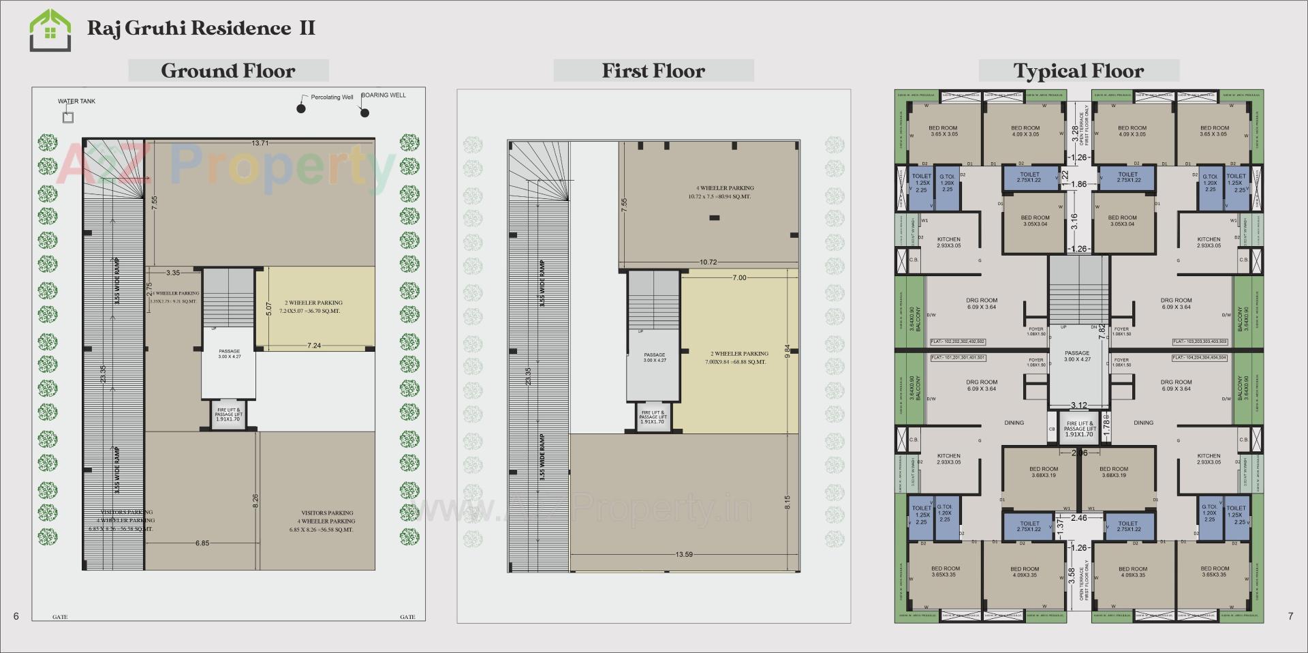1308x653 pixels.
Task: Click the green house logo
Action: click(50, 31)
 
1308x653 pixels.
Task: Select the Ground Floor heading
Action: click(228, 71)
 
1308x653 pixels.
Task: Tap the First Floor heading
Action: click(653, 71)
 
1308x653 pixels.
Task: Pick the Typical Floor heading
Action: click(1078, 71)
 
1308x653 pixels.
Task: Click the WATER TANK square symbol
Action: click(68, 117)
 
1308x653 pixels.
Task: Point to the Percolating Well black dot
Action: click(301, 108)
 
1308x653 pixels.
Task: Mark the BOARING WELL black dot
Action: click(364, 112)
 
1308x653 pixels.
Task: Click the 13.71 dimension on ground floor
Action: click(260, 143)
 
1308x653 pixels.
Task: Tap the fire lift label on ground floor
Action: click(229, 413)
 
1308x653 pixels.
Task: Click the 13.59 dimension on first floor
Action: click(684, 554)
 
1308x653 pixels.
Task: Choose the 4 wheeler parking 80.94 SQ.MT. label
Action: click(725, 192)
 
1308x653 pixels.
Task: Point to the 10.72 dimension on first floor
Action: click(708, 262)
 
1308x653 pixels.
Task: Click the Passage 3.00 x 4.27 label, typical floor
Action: click(1077, 356)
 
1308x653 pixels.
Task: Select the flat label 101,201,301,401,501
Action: click(958, 357)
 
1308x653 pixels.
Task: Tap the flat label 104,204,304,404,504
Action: click(1200, 357)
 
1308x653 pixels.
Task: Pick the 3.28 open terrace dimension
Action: click(1075, 134)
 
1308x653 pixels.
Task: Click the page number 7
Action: click(1290, 616)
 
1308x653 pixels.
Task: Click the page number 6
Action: click(16, 616)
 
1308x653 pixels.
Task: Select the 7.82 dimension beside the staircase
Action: click(1102, 331)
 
